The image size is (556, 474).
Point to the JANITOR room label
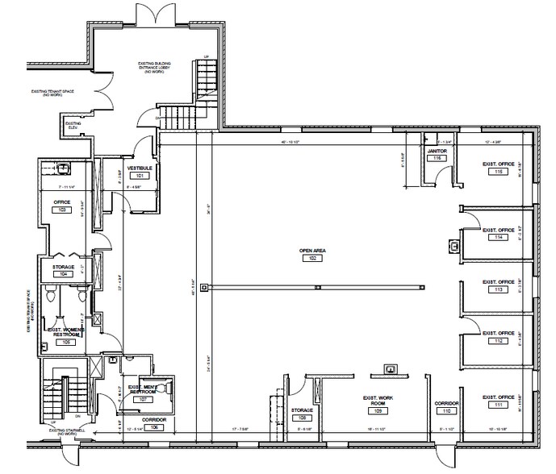(x=437, y=151)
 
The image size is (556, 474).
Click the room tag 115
(x=500, y=172)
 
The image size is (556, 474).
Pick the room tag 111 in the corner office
(x=500, y=405)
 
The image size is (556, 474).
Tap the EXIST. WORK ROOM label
(x=378, y=401)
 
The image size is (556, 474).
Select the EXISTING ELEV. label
(x=73, y=125)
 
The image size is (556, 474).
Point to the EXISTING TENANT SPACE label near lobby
(x=54, y=93)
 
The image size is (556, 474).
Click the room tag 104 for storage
(x=64, y=274)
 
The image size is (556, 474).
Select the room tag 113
(x=500, y=289)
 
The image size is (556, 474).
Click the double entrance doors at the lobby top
(x=153, y=15)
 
